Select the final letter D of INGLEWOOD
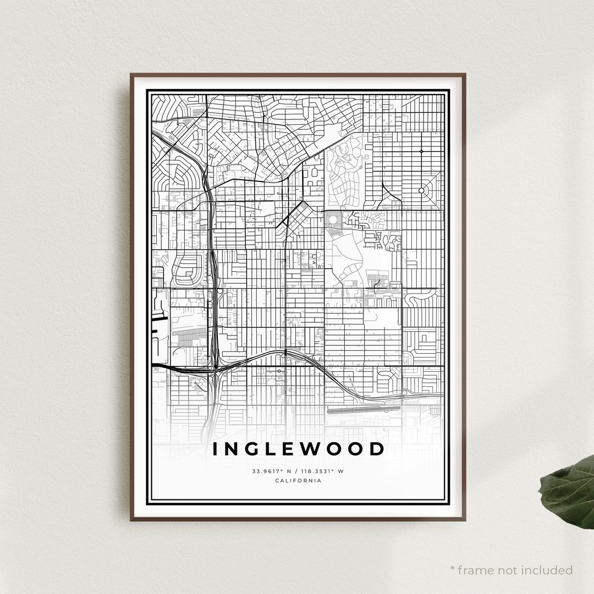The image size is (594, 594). click(x=377, y=449)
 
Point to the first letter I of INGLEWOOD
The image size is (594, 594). click(x=216, y=449)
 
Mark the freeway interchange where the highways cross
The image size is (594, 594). click(x=215, y=367)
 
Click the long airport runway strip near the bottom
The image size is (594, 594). click(x=363, y=410)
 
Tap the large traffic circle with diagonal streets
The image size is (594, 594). click(x=421, y=190)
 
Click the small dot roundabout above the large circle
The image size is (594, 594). click(x=421, y=151)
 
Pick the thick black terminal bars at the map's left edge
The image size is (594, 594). click(x=159, y=317)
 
